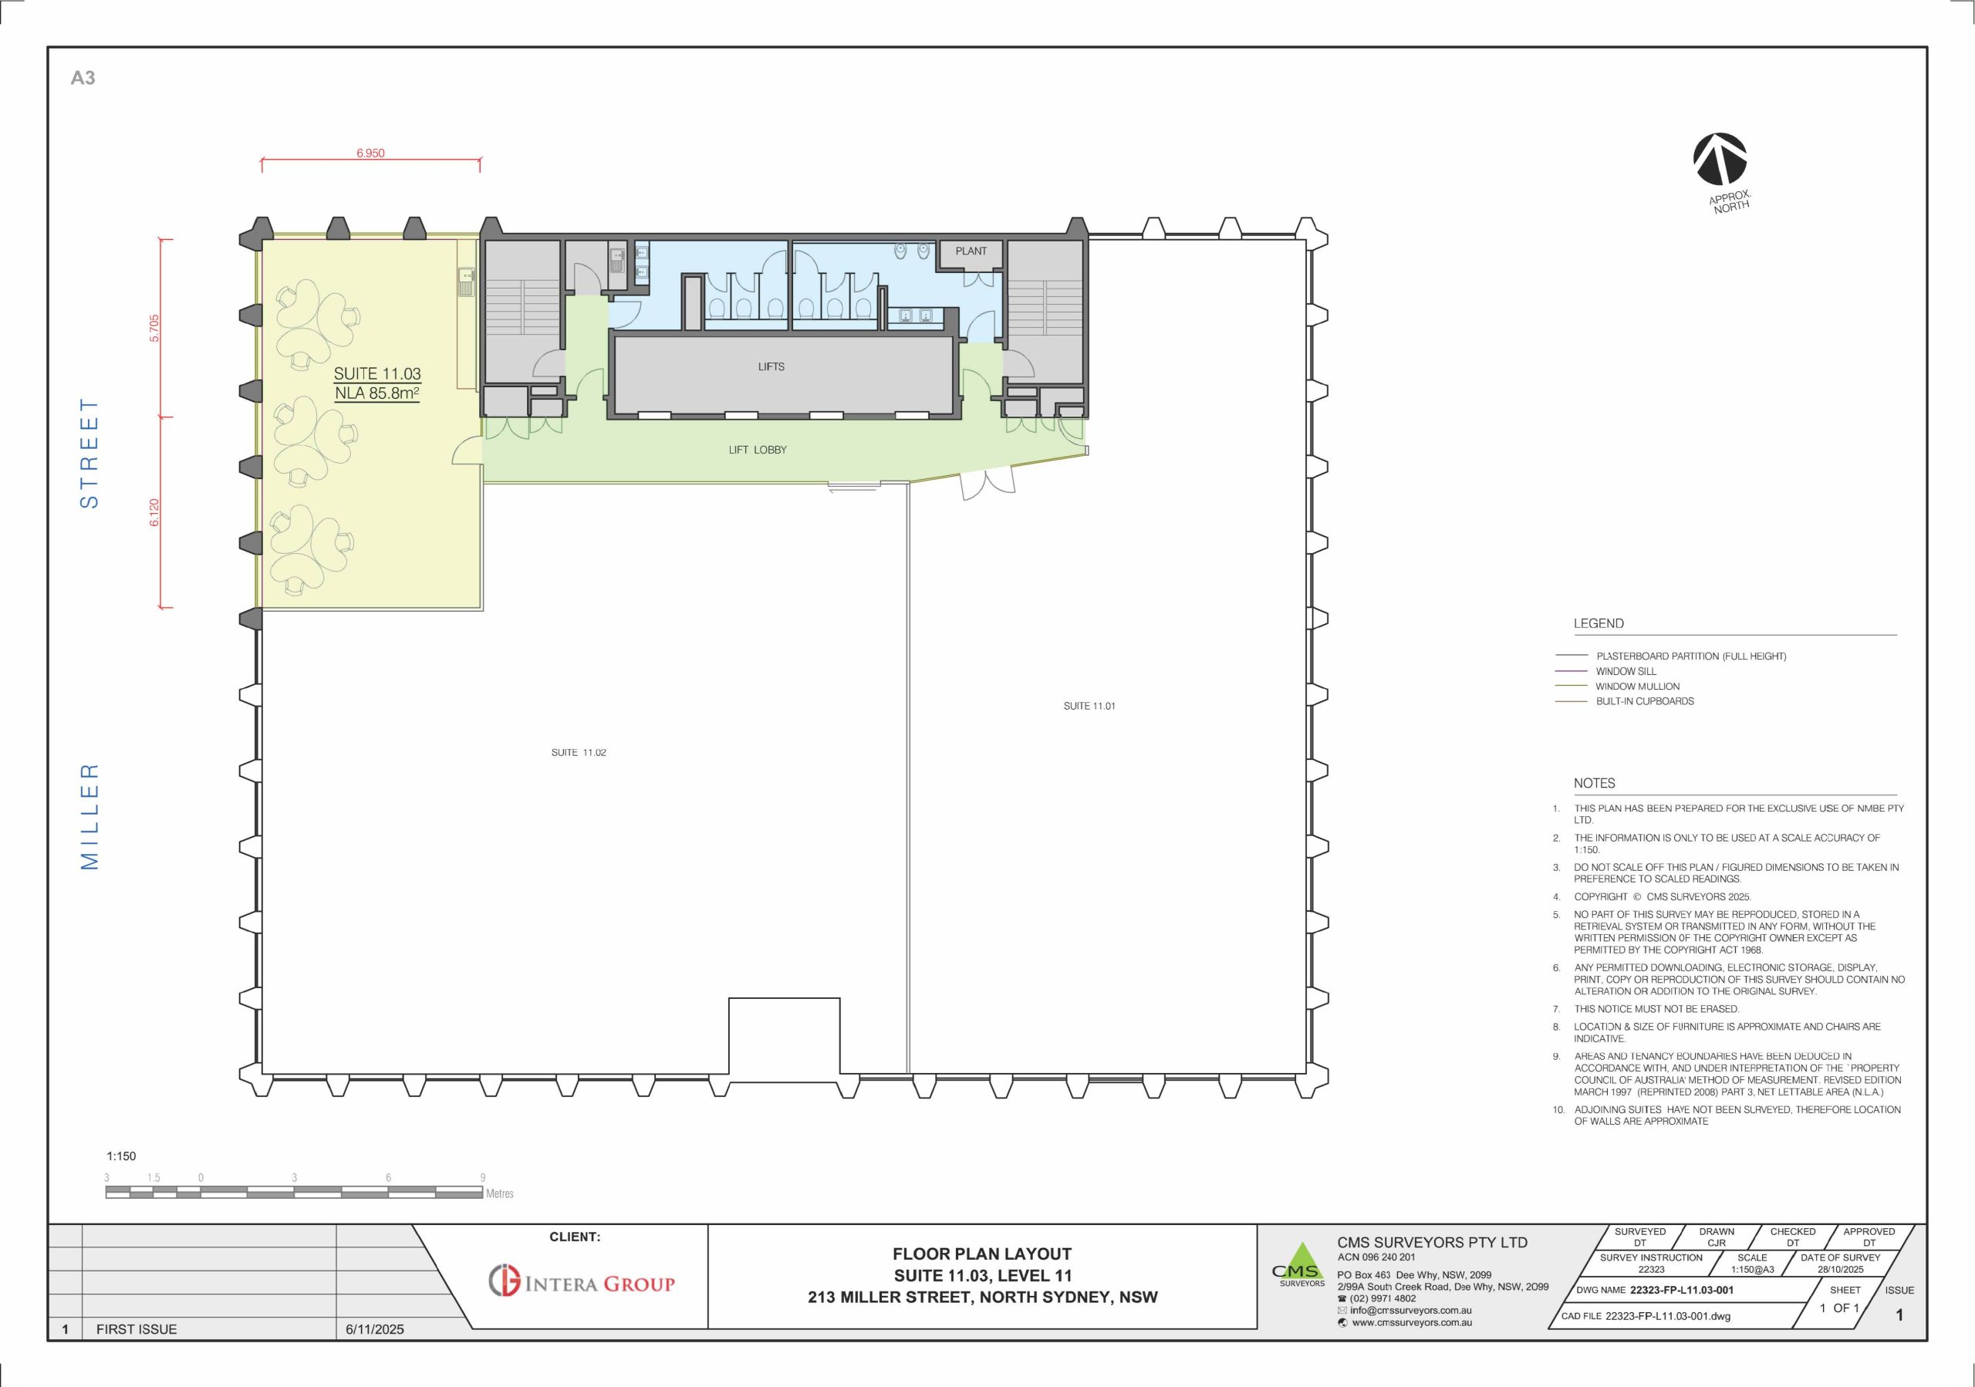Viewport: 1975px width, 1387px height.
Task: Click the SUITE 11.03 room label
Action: pos(376,374)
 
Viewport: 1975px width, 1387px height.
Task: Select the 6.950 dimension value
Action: pos(371,153)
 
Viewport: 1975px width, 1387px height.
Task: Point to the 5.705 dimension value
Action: pos(154,328)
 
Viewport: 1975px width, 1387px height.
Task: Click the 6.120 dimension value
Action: pos(154,512)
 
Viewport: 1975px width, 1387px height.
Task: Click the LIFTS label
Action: pos(771,366)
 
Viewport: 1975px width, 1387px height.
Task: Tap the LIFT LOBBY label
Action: pos(757,450)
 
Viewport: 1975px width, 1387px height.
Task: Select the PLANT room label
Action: pos(971,251)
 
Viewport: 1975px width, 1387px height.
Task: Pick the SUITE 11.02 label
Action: pos(578,752)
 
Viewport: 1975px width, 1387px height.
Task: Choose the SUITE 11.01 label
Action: pos(1089,706)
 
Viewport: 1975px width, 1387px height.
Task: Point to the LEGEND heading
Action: pos(1599,623)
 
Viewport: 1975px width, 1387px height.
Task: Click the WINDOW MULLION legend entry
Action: pos(1637,687)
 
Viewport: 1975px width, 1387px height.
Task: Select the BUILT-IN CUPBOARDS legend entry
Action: pos(1645,700)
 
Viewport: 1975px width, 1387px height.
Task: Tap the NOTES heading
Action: pos(1594,783)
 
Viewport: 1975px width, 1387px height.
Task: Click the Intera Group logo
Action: pos(582,1281)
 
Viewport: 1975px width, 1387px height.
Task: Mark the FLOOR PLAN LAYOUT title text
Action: pos(982,1254)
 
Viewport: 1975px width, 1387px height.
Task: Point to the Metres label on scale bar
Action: pos(500,1193)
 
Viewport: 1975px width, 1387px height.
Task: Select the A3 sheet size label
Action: pos(83,78)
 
